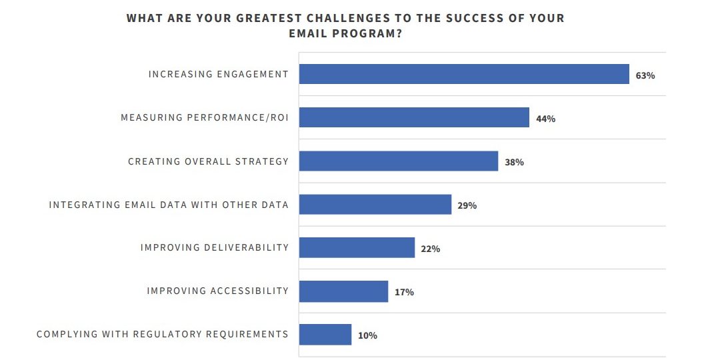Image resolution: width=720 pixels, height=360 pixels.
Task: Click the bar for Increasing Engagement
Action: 464,74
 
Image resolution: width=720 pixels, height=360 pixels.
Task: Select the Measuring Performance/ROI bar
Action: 414,117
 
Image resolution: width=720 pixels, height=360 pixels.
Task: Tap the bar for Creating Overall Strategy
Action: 399,161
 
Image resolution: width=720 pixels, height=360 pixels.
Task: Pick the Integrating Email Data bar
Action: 375,204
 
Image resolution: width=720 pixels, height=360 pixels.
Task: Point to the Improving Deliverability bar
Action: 357,247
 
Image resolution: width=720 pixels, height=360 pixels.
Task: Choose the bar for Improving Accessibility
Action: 343,291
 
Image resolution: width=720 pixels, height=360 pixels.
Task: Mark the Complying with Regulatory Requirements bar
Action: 325,335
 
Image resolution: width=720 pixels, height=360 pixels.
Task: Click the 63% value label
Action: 645,75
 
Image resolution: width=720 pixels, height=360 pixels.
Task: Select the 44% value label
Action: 545,119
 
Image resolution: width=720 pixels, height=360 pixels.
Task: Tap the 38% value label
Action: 514,162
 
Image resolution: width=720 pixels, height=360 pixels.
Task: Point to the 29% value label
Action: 467,205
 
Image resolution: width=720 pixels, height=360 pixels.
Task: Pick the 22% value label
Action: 431,249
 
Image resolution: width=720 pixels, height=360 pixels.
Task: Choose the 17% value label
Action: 404,292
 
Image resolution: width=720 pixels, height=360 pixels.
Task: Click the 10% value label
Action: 367,335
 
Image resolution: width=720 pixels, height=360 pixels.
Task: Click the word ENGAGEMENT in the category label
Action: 253,74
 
